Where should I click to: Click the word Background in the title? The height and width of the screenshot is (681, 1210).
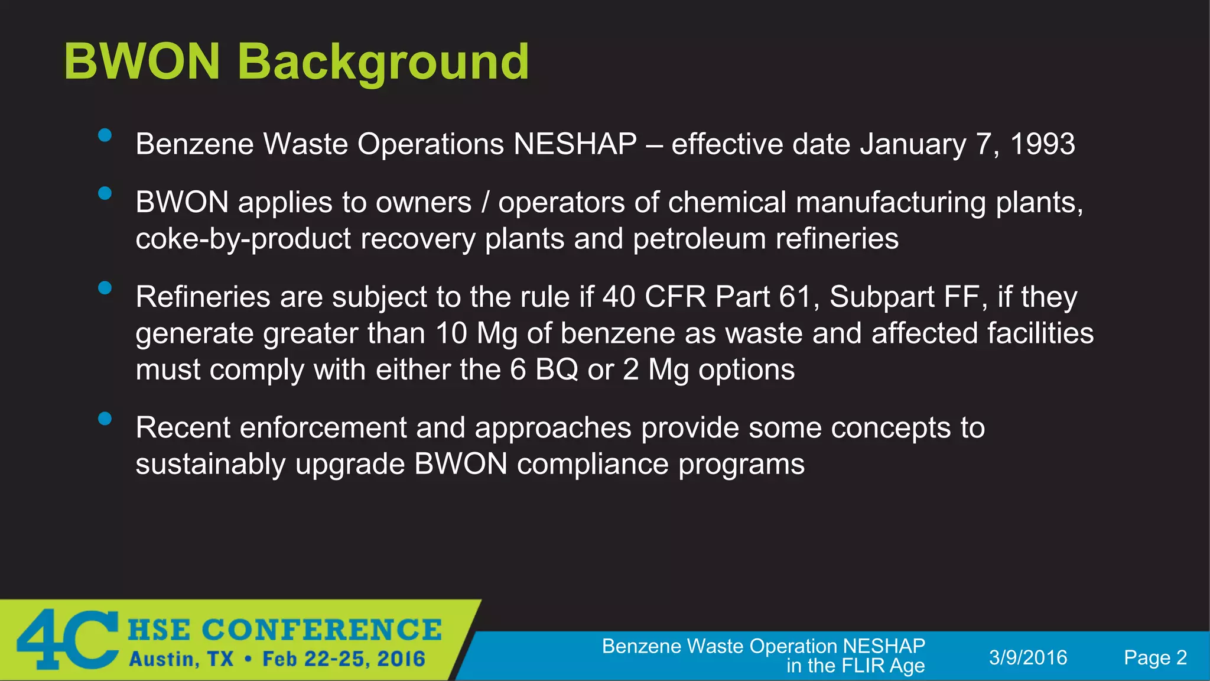click(x=383, y=62)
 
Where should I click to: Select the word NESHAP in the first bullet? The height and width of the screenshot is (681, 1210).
click(x=575, y=144)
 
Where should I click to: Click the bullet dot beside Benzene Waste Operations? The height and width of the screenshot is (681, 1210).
click(x=105, y=135)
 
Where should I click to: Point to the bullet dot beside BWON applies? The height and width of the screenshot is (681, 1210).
click(x=105, y=193)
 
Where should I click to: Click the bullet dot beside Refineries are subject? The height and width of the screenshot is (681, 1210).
click(x=105, y=288)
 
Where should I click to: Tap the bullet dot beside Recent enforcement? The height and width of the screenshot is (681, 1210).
click(x=105, y=419)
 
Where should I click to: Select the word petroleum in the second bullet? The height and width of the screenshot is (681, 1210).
click(x=699, y=239)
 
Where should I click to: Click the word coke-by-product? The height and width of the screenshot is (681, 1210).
click(x=243, y=239)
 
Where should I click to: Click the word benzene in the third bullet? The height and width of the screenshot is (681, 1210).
click(x=617, y=333)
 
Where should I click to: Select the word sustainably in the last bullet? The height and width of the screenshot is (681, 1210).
click(x=210, y=464)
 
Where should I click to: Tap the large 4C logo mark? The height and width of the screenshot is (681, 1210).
click(x=66, y=640)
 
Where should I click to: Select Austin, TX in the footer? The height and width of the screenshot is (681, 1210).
click(x=181, y=659)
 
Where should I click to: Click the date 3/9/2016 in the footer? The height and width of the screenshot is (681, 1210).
click(x=1028, y=657)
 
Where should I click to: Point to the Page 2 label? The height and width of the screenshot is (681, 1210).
click(x=1155, y=657)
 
